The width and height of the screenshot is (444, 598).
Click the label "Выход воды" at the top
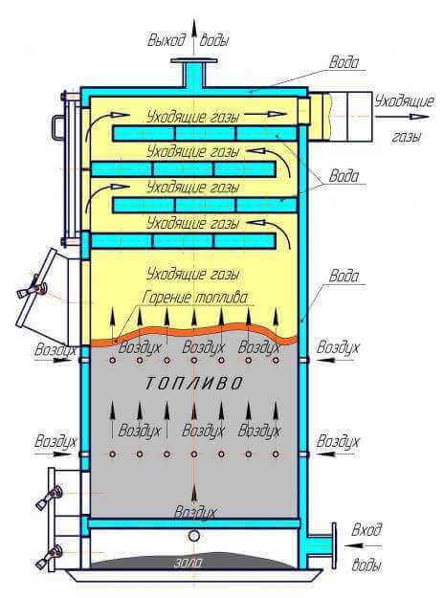(x=189, y=40)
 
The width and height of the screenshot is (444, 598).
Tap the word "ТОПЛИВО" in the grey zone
(x=194, y=384)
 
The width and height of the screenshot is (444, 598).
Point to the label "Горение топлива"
(x=195, y=298)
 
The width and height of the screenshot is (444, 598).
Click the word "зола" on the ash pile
(x=189, y=563)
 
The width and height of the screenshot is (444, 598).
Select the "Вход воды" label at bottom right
(x=366, y=547)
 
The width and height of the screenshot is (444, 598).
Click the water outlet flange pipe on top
(x=194, y=74)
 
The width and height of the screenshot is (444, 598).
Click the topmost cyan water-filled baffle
(x=205, y=134)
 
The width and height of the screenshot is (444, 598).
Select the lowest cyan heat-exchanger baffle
(x=183, y=241)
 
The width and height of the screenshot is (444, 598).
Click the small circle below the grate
(x=194, y=536)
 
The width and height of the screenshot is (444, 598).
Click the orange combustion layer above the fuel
(x=194, y=333)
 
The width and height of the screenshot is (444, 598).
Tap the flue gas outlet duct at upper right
(x=341, y=117)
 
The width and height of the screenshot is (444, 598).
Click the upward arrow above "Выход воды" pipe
(x=194, y=35)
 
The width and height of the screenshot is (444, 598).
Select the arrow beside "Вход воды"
(x=363, y=546)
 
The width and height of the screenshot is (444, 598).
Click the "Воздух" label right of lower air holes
(x=338, y=441)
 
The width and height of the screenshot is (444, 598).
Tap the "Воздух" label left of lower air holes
(x=55, y=441)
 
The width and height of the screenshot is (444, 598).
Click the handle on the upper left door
(x=58, y=124)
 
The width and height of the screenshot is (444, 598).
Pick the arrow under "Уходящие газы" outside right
(x=403, y=117)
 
